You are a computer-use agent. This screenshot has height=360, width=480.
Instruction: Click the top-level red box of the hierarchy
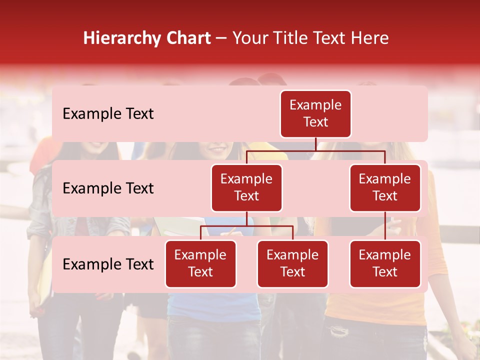tap(315, 114)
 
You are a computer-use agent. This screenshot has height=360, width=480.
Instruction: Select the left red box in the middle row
tap(246, 188)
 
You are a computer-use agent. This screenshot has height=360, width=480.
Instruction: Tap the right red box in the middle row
tap(385, 188)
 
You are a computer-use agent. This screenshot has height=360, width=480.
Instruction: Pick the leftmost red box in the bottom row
tap(200, 264)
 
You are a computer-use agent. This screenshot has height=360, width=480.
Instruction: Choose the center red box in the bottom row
tap(292, 264)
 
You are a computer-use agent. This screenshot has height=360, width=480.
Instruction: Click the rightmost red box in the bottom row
tap(385, 264)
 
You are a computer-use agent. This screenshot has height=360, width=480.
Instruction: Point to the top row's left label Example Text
tap(108, 114)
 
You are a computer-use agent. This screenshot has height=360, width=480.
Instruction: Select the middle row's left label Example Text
tap(108, 188)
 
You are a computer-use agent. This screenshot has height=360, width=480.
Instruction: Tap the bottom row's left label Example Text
tap(108, 264)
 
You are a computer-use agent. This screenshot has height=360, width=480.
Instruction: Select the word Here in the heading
tap(369, 38)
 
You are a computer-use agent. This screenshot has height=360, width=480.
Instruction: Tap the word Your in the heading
tap(251, 38)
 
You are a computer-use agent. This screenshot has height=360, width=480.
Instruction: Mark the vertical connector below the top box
tap(315, 144)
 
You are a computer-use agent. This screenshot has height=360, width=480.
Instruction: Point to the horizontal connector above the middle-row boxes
tap(315, 150)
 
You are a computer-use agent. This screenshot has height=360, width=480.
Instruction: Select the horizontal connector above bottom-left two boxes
tap(246, 226)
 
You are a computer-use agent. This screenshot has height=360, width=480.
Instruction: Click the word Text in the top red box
tap(315, 122)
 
